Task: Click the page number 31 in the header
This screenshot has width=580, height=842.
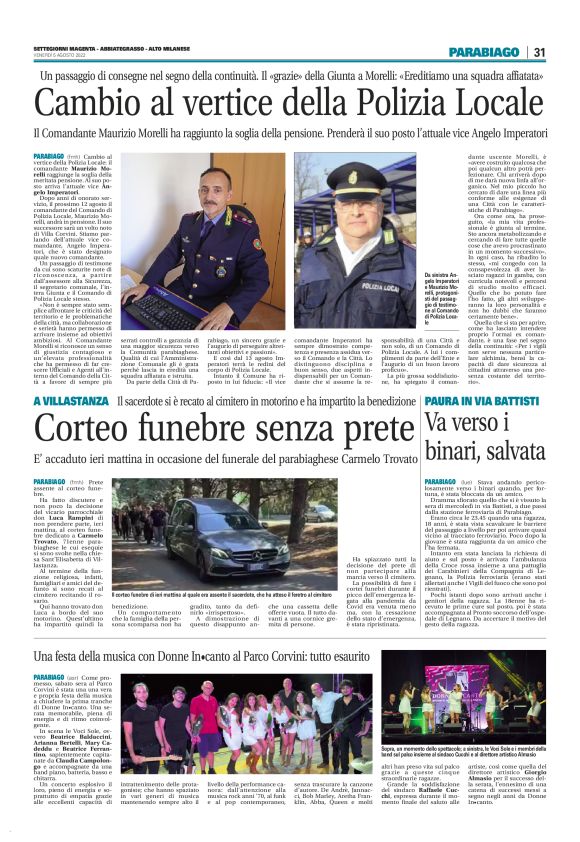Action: click(x=539, y=52)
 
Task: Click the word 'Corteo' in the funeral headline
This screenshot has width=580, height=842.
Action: click(x=110, y=431)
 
